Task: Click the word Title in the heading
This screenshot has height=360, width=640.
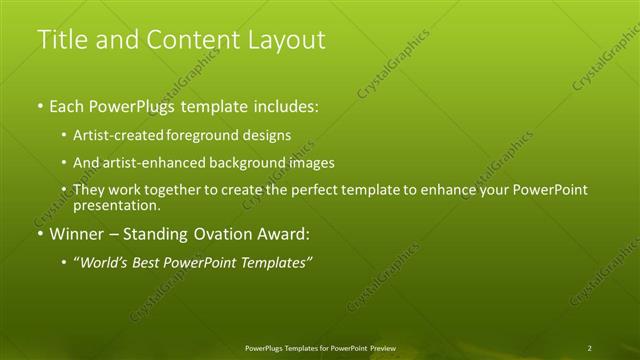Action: click(x=59, y=40)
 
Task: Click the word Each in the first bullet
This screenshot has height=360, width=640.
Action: click(x=68, y=105)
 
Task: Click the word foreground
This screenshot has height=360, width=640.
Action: click(x=221, y=134)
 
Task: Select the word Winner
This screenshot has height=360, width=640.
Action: click(x=77, y=235)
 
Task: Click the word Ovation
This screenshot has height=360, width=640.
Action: click(x=220, y=235)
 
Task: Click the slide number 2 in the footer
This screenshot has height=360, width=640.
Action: click(x=590, y=347)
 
